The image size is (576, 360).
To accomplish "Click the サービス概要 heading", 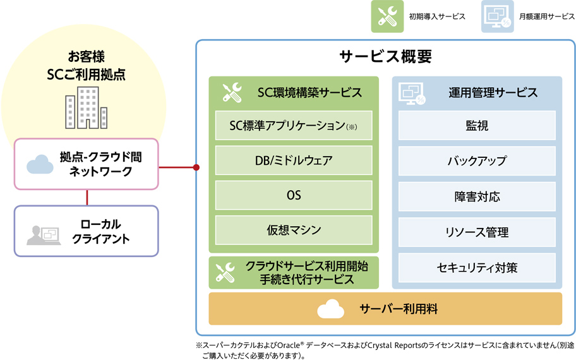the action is pyautogui.click(x=385, y=57).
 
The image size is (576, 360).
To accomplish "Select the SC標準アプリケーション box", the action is pyautogui.click(x=294, y=125).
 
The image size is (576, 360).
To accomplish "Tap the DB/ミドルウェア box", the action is pyautogui.click(x=294, y=160).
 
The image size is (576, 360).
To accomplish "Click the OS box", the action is pyautogui.click(x=294, y=195).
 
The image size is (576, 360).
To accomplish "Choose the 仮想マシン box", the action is pyautogui.click(x=294, y=230).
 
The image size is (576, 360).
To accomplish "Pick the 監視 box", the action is pyautogui.click(x=477, y=125).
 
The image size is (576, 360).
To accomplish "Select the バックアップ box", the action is pyautogui.click(x=477, y=161).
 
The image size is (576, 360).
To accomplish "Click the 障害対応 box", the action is pyautogui.click(x=477, y=196).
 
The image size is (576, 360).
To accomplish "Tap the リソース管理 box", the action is pyautogui.click(x=477, y=232).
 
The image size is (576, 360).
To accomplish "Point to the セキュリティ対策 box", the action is pyautogui.click(x=477, y=268).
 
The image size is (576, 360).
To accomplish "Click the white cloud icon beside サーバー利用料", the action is pyautogui.click(x=330, y=309).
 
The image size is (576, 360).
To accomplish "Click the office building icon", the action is pyautogui.click(x=87, y=107).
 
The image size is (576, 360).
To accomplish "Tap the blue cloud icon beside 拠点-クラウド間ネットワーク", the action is pyautogui.click(x=40, y=164).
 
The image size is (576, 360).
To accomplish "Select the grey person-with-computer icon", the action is pyautogui.click(x=44, y=235).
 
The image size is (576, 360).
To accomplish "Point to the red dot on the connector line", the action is pyautogui.click(x=196, y=167).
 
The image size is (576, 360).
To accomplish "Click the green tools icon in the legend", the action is pyautogui.click(x=387, y=16).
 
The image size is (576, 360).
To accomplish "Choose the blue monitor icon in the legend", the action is pyautogui.click(x=498, y=16).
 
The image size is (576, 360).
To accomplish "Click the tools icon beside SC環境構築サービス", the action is pyautogui.click(x=232, y=93).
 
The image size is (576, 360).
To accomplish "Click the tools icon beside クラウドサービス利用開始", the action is pyautogui.click(x=225, y=273).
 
